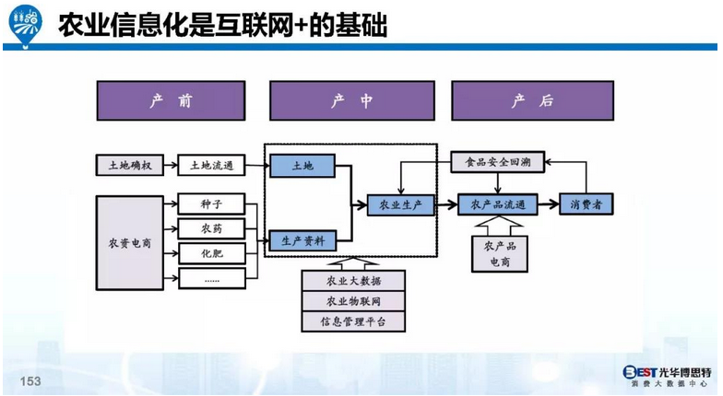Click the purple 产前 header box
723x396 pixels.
171,100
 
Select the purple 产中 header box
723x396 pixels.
351,100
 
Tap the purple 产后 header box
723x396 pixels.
532,100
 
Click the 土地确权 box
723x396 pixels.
129,166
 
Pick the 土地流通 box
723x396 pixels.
211,166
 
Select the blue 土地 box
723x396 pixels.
302,166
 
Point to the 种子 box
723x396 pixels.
211,204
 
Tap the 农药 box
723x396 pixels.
211,227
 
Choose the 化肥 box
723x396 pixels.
211,252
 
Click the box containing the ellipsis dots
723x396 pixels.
211,277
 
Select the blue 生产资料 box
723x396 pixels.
302,241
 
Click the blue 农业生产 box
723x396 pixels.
400,204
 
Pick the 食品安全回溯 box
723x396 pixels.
497,164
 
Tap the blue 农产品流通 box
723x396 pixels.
497,204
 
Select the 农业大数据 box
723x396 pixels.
353,280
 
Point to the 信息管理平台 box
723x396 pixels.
353,321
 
